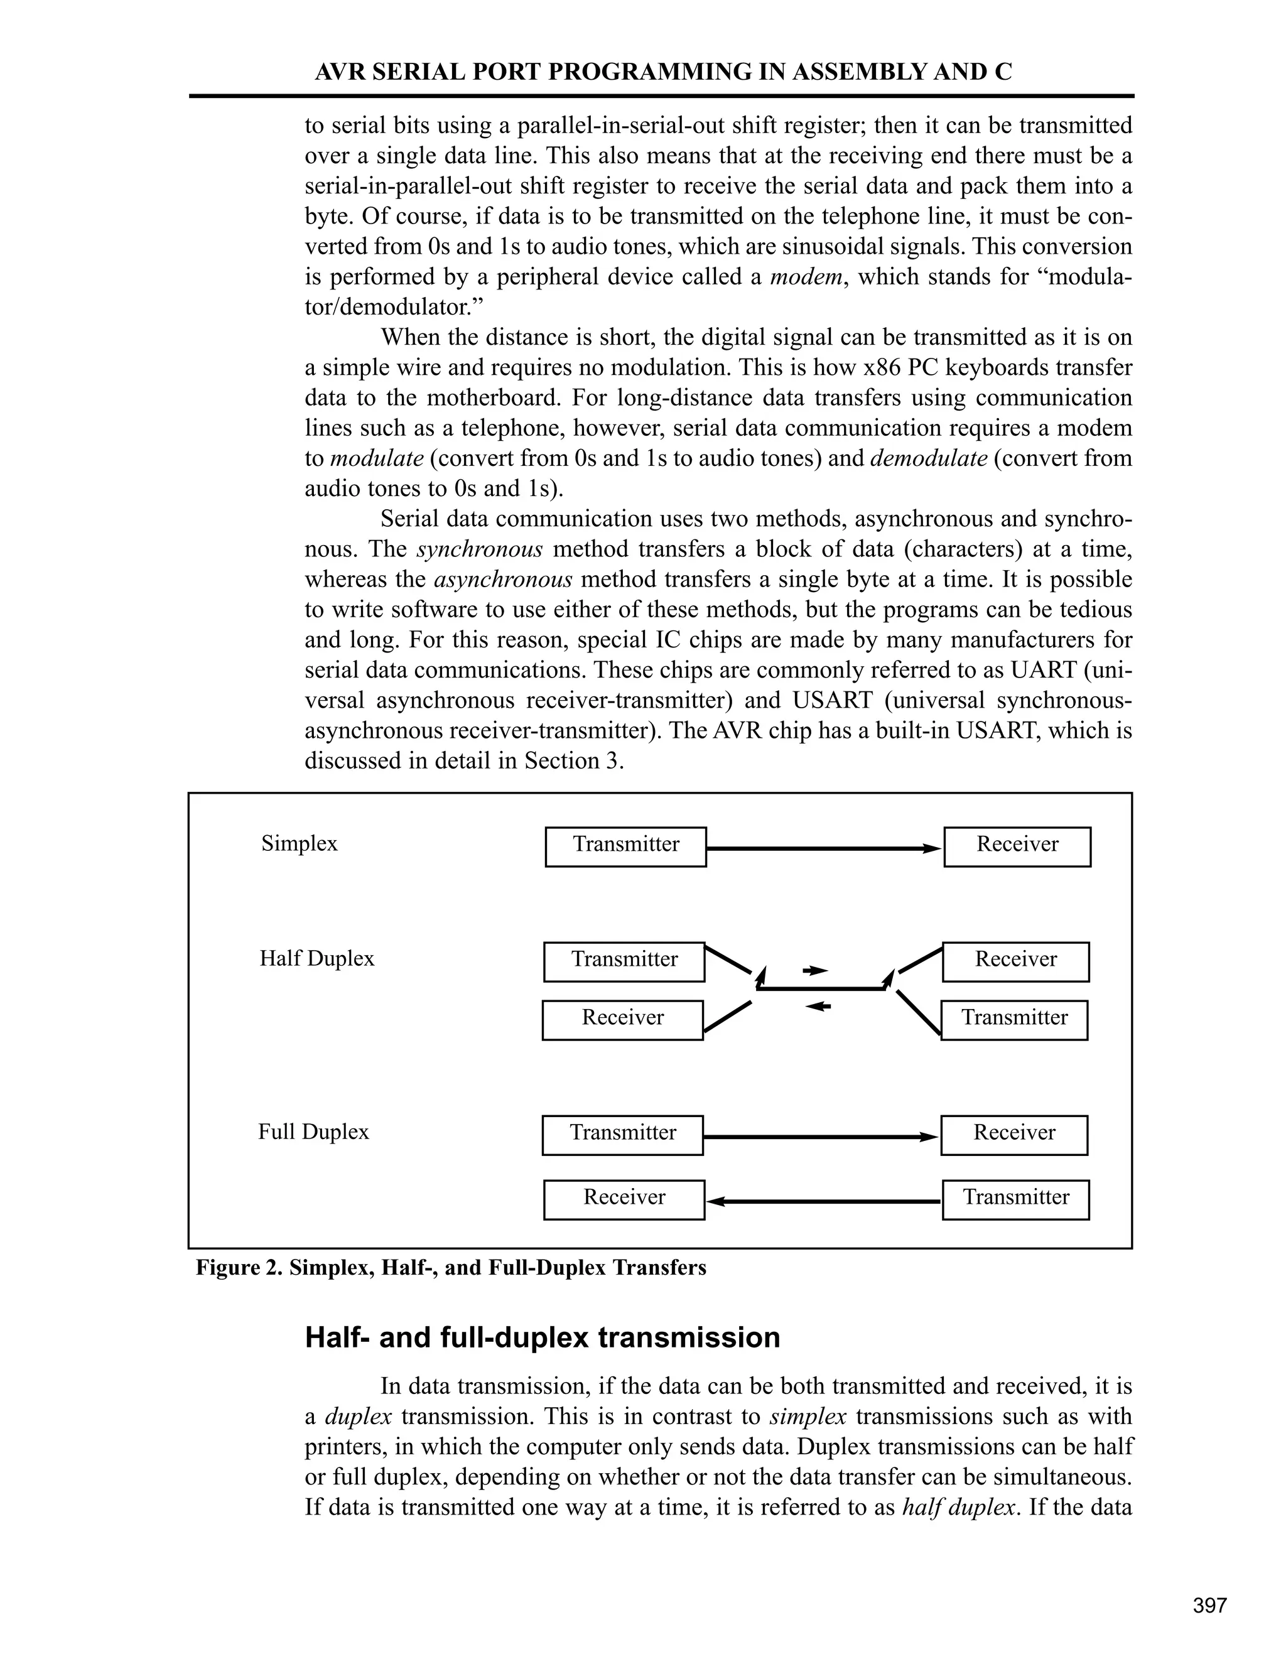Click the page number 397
point(1210,1606)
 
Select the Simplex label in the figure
point(299,843)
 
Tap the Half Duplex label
point(317,958)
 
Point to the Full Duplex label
point(313,1132)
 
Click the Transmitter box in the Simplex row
point(625,846)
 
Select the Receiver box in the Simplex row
point(1017,846)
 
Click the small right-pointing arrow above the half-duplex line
point(815,971)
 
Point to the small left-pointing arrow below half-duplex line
point(818,1007)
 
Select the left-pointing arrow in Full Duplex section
point(823,1201)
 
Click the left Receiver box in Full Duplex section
point(624,1200)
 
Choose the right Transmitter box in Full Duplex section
point(1015,1200)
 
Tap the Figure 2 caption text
point(451,1268)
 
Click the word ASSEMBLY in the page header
point(861,72)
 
